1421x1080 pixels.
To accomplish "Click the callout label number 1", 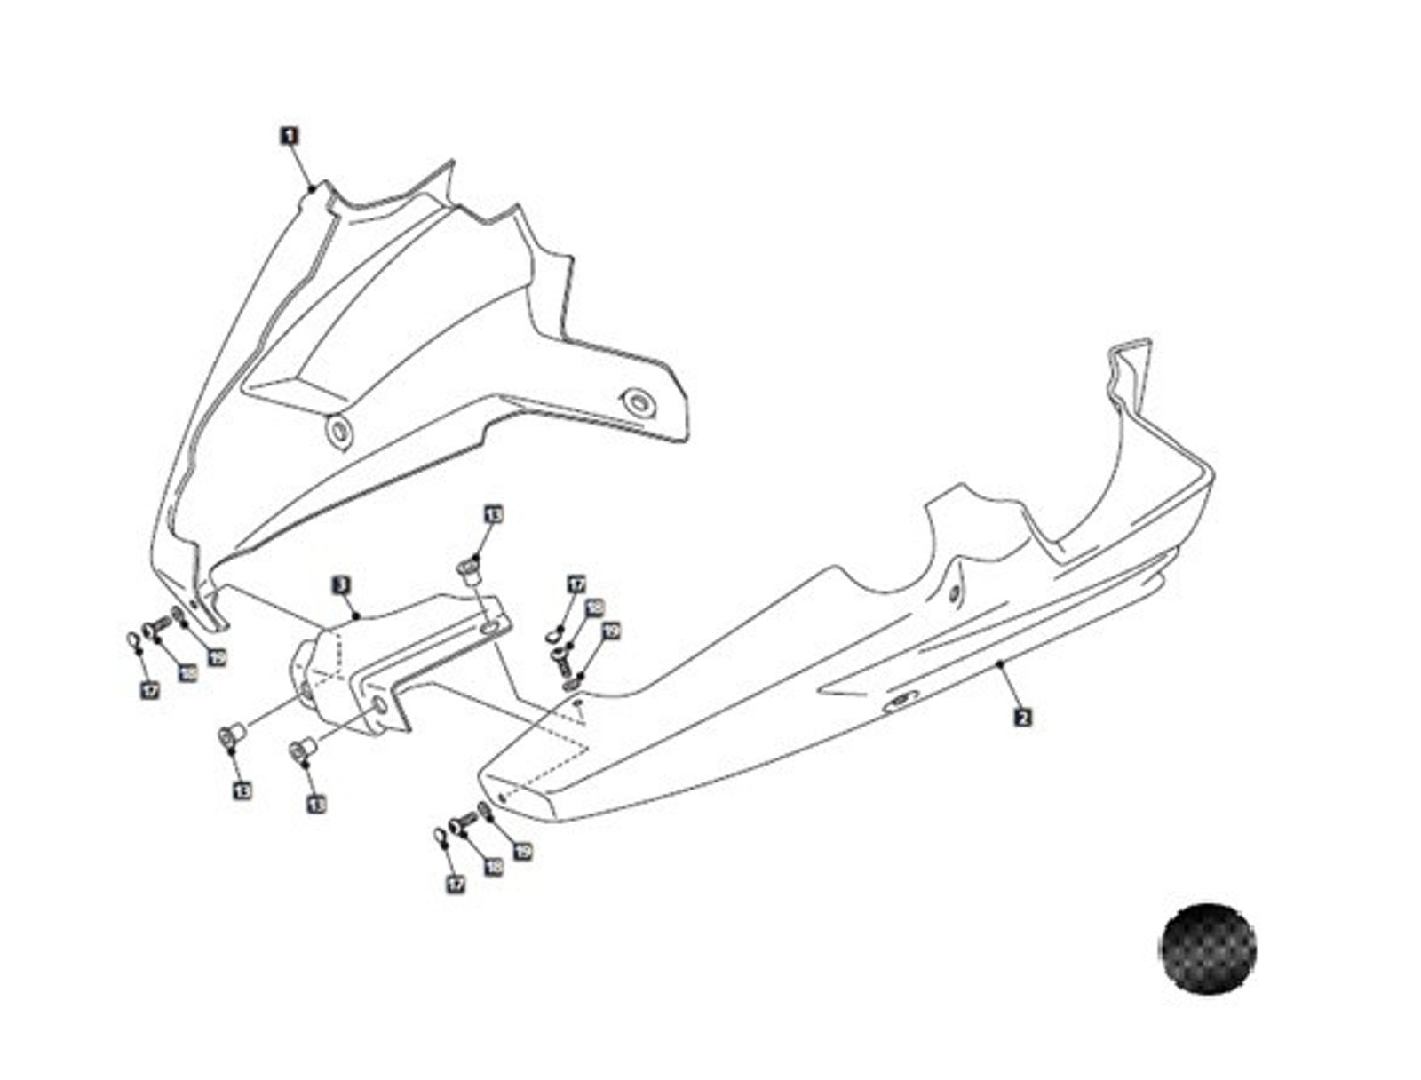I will pos(290,136).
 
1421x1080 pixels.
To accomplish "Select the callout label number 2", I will pos(1022,717).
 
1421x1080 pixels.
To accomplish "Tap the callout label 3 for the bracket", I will pos(342,585).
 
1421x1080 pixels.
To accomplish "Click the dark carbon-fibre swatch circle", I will pos(1207,948).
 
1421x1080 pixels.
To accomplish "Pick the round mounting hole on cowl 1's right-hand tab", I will pos(637,402).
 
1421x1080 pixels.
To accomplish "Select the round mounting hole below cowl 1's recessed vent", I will pos(338,432).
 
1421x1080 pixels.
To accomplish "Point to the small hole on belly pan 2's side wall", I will pos(953,593).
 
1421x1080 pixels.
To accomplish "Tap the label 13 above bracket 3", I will pos(493,514).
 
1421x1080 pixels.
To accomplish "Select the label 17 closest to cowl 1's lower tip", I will pos(150,689).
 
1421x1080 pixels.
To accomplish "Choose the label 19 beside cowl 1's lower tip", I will pos(217,658).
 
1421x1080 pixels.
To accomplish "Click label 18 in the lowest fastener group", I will pos(493,866).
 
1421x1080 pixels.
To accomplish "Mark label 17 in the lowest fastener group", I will pos(455,884).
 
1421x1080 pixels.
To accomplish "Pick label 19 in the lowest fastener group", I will pos(523,851).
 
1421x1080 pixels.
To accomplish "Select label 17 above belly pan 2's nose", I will pos(576,585).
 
